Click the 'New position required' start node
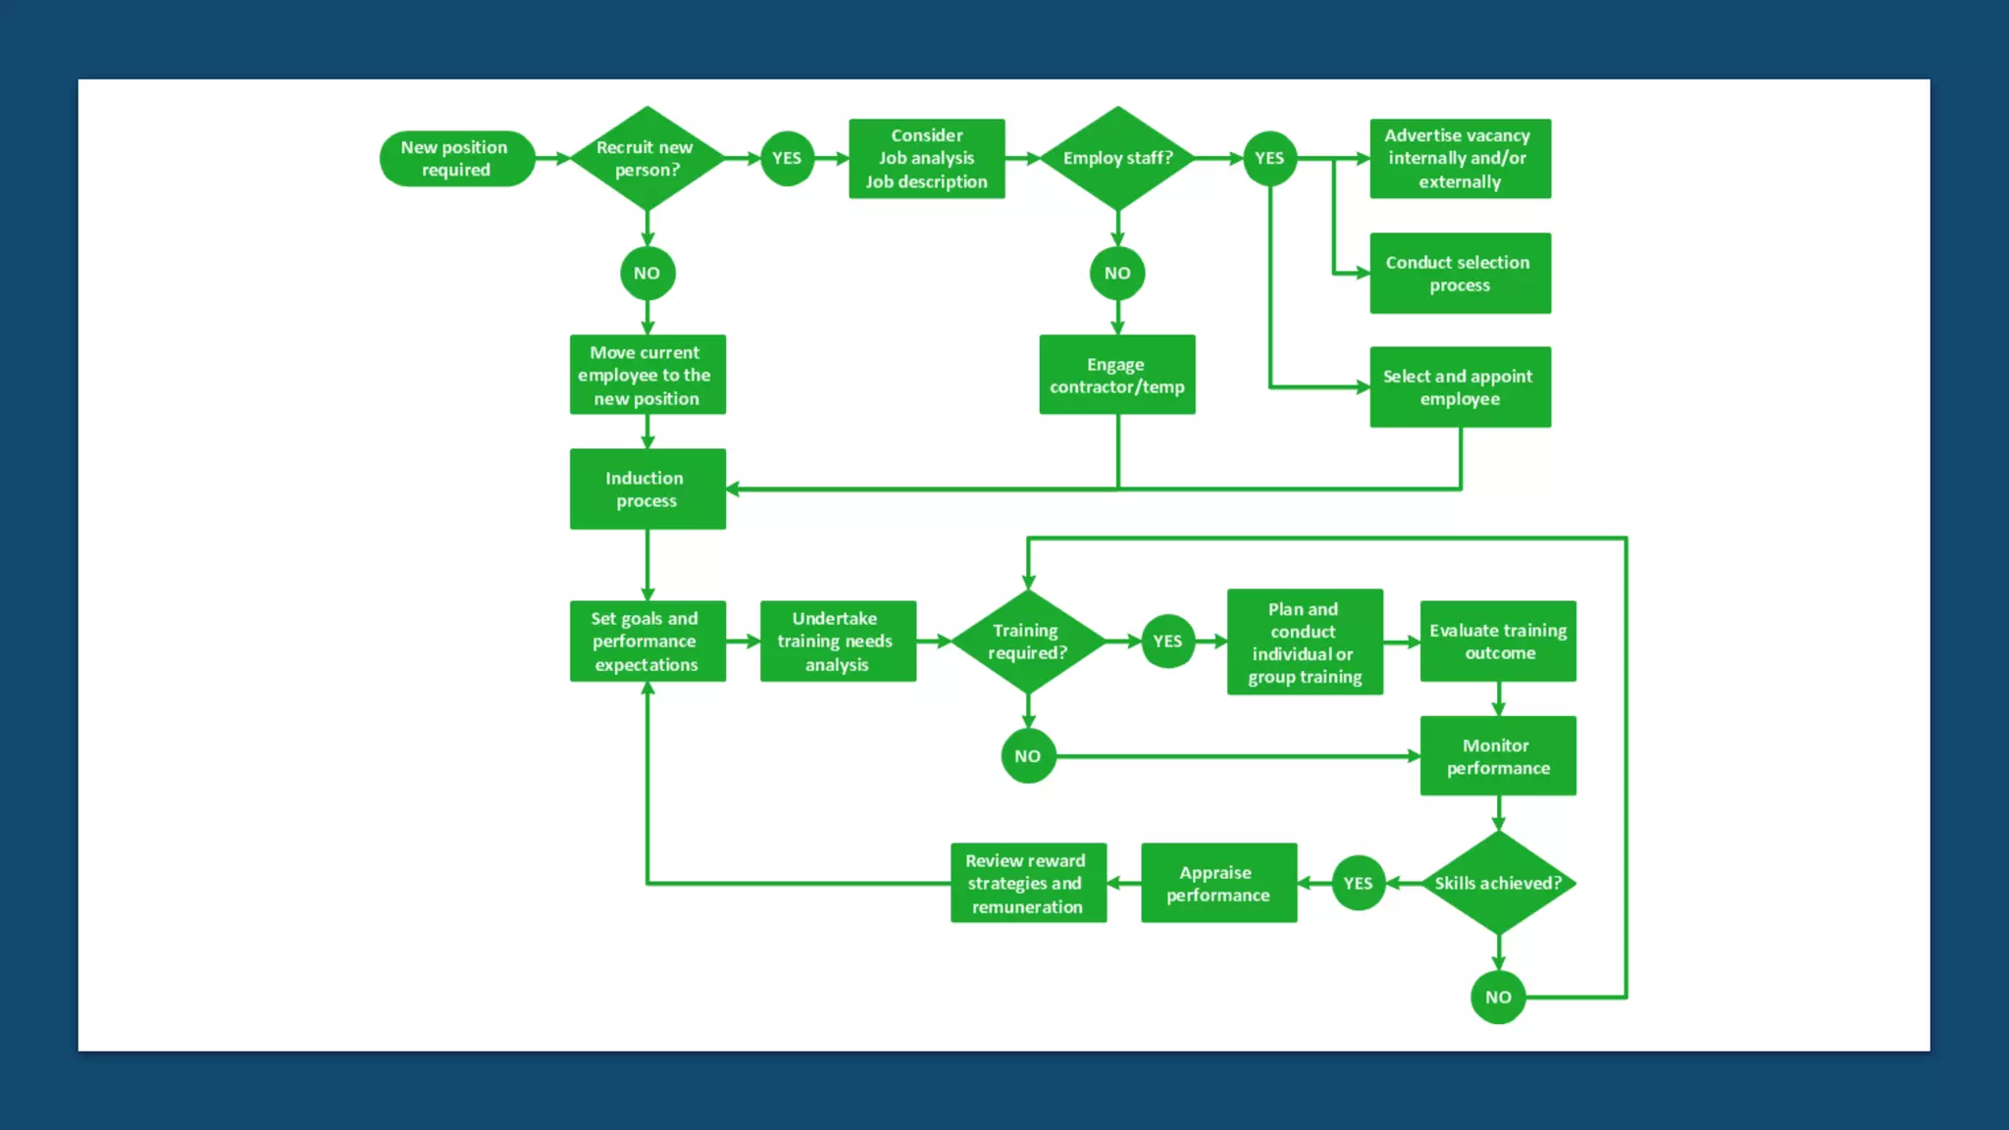pyautogui.click(x=456, y=158)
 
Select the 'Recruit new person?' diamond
pyautogui.click(x=646, y=158)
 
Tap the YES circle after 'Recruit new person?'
pyautogui.click(x=787, y=158)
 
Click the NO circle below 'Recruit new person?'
pyautogui.click(x=647, y=273)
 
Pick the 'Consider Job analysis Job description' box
pyautogui.click(x=926, y=158)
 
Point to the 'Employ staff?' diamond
pyautogui.click(x=1117, y=158)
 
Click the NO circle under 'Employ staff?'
pyautogui.click(x=1117, y=273)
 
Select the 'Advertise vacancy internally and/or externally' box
pyautogui.click(x=1460, y=158)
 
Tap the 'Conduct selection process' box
pyautogui.click(x=1460, y=273)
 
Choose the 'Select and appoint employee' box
pyautogui.click(x=1460, y=386)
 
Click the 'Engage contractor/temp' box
pyautogui.click(x=1117, y=375)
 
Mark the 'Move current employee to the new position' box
pyautogui.click(x=647, y=375)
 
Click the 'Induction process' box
pyautogui.click(x=647, y=488)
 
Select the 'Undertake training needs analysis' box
pyautogui.click(x=838, y=641)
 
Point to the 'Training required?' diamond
pyautogui.click(x=1027, y=641)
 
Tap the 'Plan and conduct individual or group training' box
pyautogui.click(x=1305, y=642)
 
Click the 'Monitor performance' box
pyautogui.click(x=1498, y=755)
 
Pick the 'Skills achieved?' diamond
pyautogui.click(x=1498, y=883)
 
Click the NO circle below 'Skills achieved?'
pyautogui.click(x=1498, y=997)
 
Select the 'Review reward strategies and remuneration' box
pyautogui.click(x=1028, y=883)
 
